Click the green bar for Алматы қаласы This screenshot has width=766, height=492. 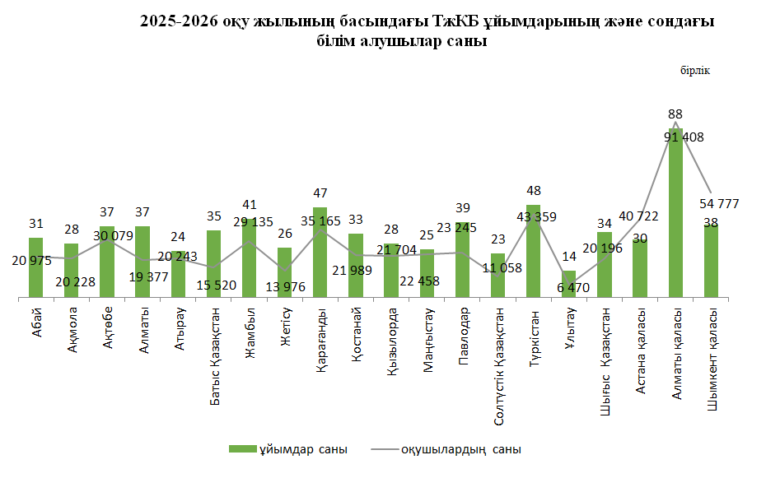[x=675, y=214]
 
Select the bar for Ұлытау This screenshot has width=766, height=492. [x=568, y=284]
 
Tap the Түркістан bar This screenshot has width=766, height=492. [x=533, y=251]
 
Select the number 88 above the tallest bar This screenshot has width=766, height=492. [x=675, y=114]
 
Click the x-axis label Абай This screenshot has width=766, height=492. [x=35, y=323]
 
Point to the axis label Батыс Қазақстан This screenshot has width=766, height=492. [x=213, y=345]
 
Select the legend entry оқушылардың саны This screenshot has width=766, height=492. [x=460, y=449]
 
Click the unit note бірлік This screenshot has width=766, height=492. [x=694, y=71]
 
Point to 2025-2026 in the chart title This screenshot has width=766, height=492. [x=172, y=23]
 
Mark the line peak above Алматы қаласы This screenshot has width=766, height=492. [x=675, y=123]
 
